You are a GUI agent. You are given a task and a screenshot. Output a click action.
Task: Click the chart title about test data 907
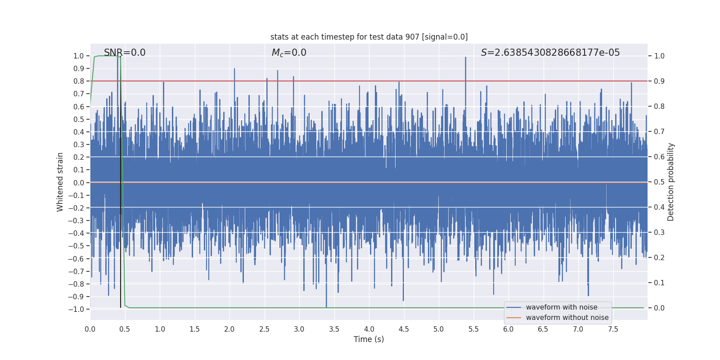[x=369, y=37]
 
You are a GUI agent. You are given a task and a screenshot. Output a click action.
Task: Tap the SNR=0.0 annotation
[x=125, y=53]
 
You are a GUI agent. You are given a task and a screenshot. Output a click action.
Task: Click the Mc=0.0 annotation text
[x=289, y=53]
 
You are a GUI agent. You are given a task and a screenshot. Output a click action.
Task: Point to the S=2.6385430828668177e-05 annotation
[x=550, y=53]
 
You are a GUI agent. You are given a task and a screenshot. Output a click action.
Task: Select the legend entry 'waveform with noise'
[x=561, y=307]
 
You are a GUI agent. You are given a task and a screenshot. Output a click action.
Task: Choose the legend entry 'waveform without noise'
[x=567, y=318]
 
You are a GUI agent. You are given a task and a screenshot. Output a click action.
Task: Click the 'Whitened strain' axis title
[x=60, y=182]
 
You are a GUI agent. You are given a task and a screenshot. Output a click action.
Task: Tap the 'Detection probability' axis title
[x=671, y=182]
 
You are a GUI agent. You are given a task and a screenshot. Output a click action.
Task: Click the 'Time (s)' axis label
[x=369, y=339]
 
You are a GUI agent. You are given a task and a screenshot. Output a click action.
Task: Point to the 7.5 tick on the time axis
[x=613, y=329]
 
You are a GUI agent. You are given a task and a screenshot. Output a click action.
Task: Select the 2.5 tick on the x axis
[x=264, y=329]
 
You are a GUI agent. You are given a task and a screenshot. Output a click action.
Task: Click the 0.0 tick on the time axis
[x=90, y=329]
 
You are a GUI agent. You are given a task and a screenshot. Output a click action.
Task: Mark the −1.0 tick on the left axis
[x=76, y=309]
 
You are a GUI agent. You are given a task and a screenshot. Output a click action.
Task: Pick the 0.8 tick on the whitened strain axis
[x=79, y=81]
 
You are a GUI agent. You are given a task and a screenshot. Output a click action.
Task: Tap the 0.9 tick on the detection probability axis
[x=659, y=81]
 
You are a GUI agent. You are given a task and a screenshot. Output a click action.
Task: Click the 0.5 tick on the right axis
[x=659, y=182]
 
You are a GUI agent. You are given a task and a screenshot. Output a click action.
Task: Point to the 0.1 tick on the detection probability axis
[x=659, y=283]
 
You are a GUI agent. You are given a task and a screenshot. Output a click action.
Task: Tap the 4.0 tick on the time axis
[x=369, y=329]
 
